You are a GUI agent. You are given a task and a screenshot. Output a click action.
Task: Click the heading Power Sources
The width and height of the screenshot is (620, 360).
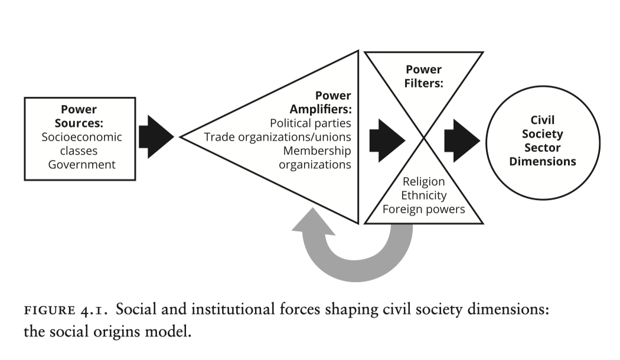79,116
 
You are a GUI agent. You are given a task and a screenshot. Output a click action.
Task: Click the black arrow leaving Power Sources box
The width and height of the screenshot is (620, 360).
155,137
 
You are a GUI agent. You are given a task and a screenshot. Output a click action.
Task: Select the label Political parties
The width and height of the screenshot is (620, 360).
310,124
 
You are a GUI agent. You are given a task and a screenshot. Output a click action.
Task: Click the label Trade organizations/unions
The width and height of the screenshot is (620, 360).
278,138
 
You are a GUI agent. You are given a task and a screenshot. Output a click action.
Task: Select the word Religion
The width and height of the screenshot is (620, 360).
423,182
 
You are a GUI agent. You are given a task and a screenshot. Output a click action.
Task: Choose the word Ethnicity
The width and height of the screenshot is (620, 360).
423,195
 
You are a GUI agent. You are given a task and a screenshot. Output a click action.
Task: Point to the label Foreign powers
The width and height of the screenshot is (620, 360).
423,210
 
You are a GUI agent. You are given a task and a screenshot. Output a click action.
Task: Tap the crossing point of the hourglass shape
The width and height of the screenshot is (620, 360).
424,138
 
